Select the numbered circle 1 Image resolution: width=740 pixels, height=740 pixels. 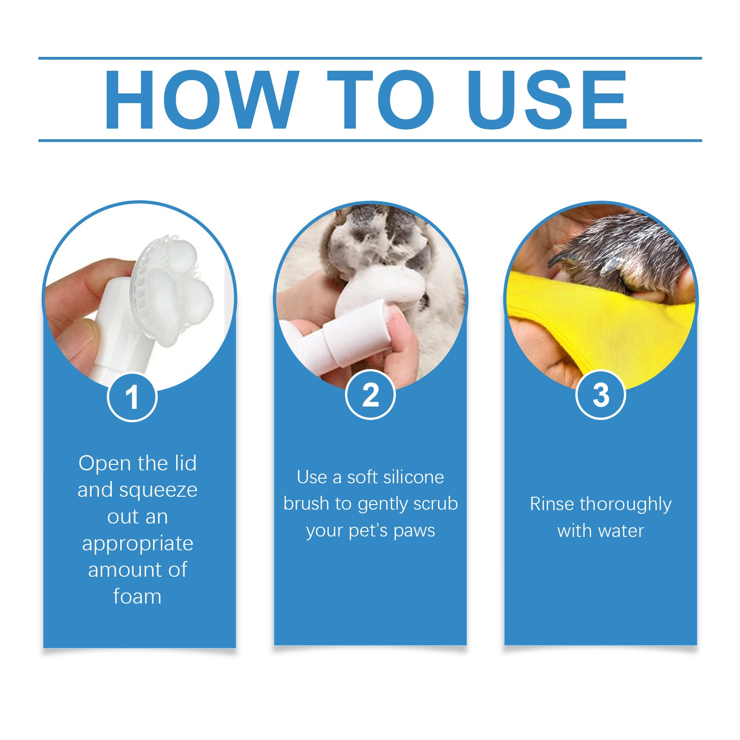[x=132, y=397]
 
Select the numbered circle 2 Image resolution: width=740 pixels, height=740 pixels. [x=370, y=395]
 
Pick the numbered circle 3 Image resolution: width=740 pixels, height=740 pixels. [x=600, y=395]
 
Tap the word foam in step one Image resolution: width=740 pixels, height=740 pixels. [x=137, y=597]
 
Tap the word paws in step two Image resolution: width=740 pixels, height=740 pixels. [x=414, y=531]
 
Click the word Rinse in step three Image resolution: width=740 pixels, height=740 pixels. [x=552, y=504]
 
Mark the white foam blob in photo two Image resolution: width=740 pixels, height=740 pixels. [x=379, y=287]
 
